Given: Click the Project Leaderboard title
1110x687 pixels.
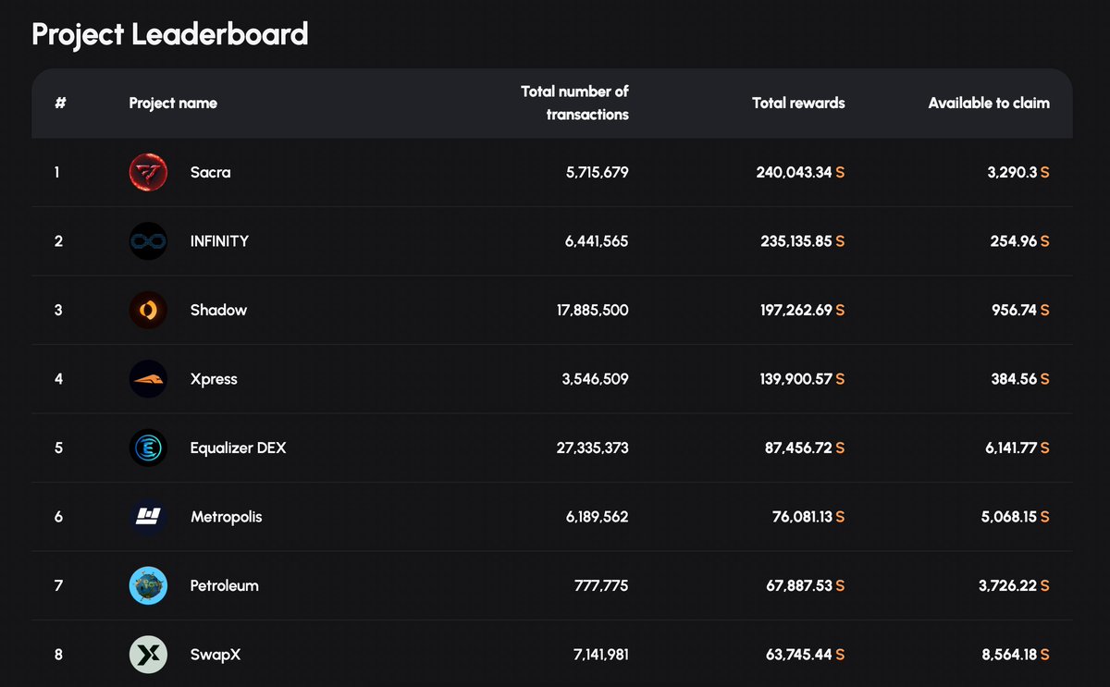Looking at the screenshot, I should coord(169,34).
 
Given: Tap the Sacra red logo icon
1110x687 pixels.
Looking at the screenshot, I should coord(148,172).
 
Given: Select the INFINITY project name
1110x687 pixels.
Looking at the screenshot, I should coord(219,241).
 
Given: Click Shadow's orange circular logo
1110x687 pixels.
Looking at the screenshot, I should coord(148,310).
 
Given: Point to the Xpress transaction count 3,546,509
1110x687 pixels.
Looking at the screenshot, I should coord(595,379).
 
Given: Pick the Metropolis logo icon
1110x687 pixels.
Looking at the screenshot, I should coord(148,517).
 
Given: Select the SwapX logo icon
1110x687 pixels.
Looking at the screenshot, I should coord(148,655).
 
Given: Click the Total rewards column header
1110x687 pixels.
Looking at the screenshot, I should coord(798,104).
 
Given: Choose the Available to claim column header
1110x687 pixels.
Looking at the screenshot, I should coord(989,104).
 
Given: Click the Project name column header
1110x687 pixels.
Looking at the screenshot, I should coord(173,104).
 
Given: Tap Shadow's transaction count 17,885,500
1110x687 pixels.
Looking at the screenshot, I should coord(592,310).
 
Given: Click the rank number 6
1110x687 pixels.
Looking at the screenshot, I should coord(58,517).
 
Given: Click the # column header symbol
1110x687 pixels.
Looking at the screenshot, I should coord(60,104).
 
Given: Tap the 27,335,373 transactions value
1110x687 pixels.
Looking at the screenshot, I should coord(592,448).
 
